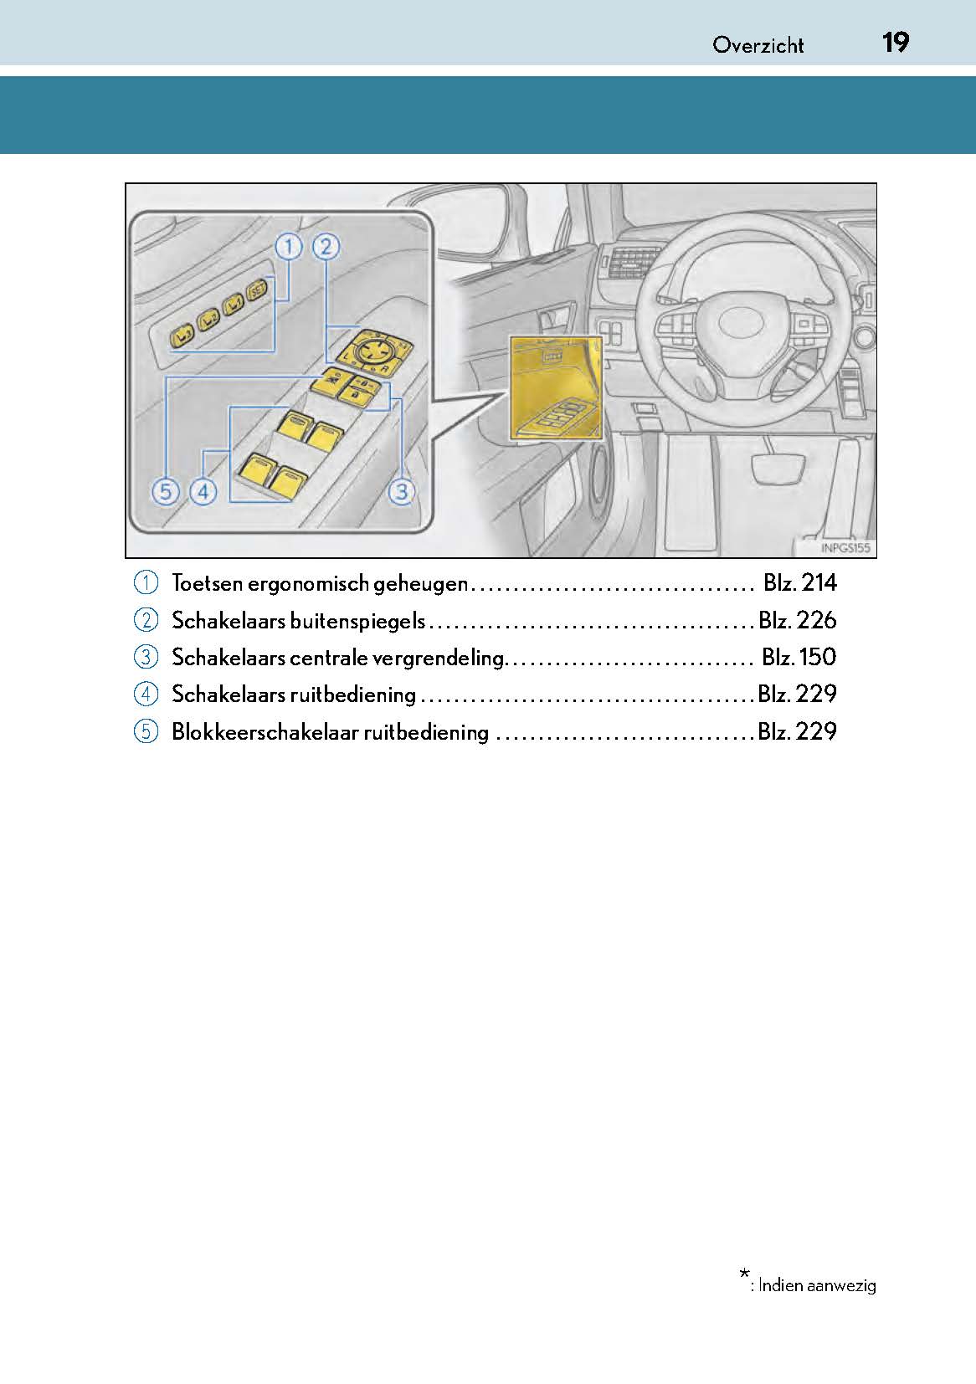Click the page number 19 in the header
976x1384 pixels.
pyautogui.click(x=895, y=43)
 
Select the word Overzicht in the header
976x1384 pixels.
pyautogui.click(x=758, y=45)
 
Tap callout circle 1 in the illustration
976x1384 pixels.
pyautogui.click(x=288, y=247)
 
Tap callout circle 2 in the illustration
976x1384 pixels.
pyautogui.click(x=326, y=247)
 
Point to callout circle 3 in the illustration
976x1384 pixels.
pyautogui.click(x=402, y=491)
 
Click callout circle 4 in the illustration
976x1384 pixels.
pyautogui.click(x=203, y=491)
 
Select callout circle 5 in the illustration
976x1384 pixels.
pyautogui.click(x=166, y=491)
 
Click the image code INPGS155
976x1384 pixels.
pyautogui.click(x=845, y=549)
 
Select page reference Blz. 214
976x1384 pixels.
pyautogui.click(x=799, y=583)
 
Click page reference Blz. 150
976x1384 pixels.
pyautogui.click(x=799, y=657)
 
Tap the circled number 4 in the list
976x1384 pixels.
pyautogui.click(x=146, y=695)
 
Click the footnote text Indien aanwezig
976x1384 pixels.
pyautogui.click(x=817, y=1285)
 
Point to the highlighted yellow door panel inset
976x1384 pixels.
pyautogui.click(x=555, y=387)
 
